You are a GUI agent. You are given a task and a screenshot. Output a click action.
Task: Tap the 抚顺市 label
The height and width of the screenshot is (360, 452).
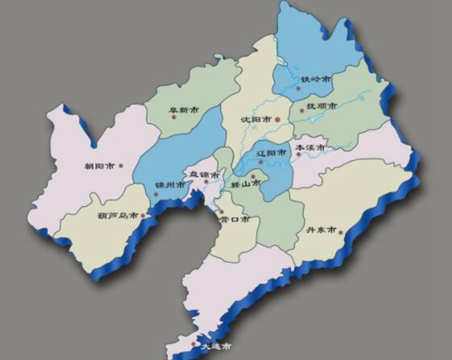coord(322,107)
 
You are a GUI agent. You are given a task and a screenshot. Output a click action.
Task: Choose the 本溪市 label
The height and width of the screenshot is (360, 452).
coord(309,148)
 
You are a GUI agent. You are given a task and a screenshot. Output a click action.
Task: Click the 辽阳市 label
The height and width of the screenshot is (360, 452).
coord(270,153)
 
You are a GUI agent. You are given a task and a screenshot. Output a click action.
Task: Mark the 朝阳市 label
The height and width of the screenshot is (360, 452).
coord(100,166)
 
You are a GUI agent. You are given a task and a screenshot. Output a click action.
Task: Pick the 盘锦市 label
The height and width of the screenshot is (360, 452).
coord(203,175)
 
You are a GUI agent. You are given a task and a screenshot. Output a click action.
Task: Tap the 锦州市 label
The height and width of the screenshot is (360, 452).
coord(168,185)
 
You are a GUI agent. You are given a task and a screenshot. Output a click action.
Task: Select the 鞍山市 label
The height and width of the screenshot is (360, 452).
coord(245,183)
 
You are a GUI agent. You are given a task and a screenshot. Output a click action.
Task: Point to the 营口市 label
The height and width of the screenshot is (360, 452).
coord(234,220)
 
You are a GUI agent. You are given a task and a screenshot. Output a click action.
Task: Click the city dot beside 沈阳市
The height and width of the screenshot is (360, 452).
coord(276,119)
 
